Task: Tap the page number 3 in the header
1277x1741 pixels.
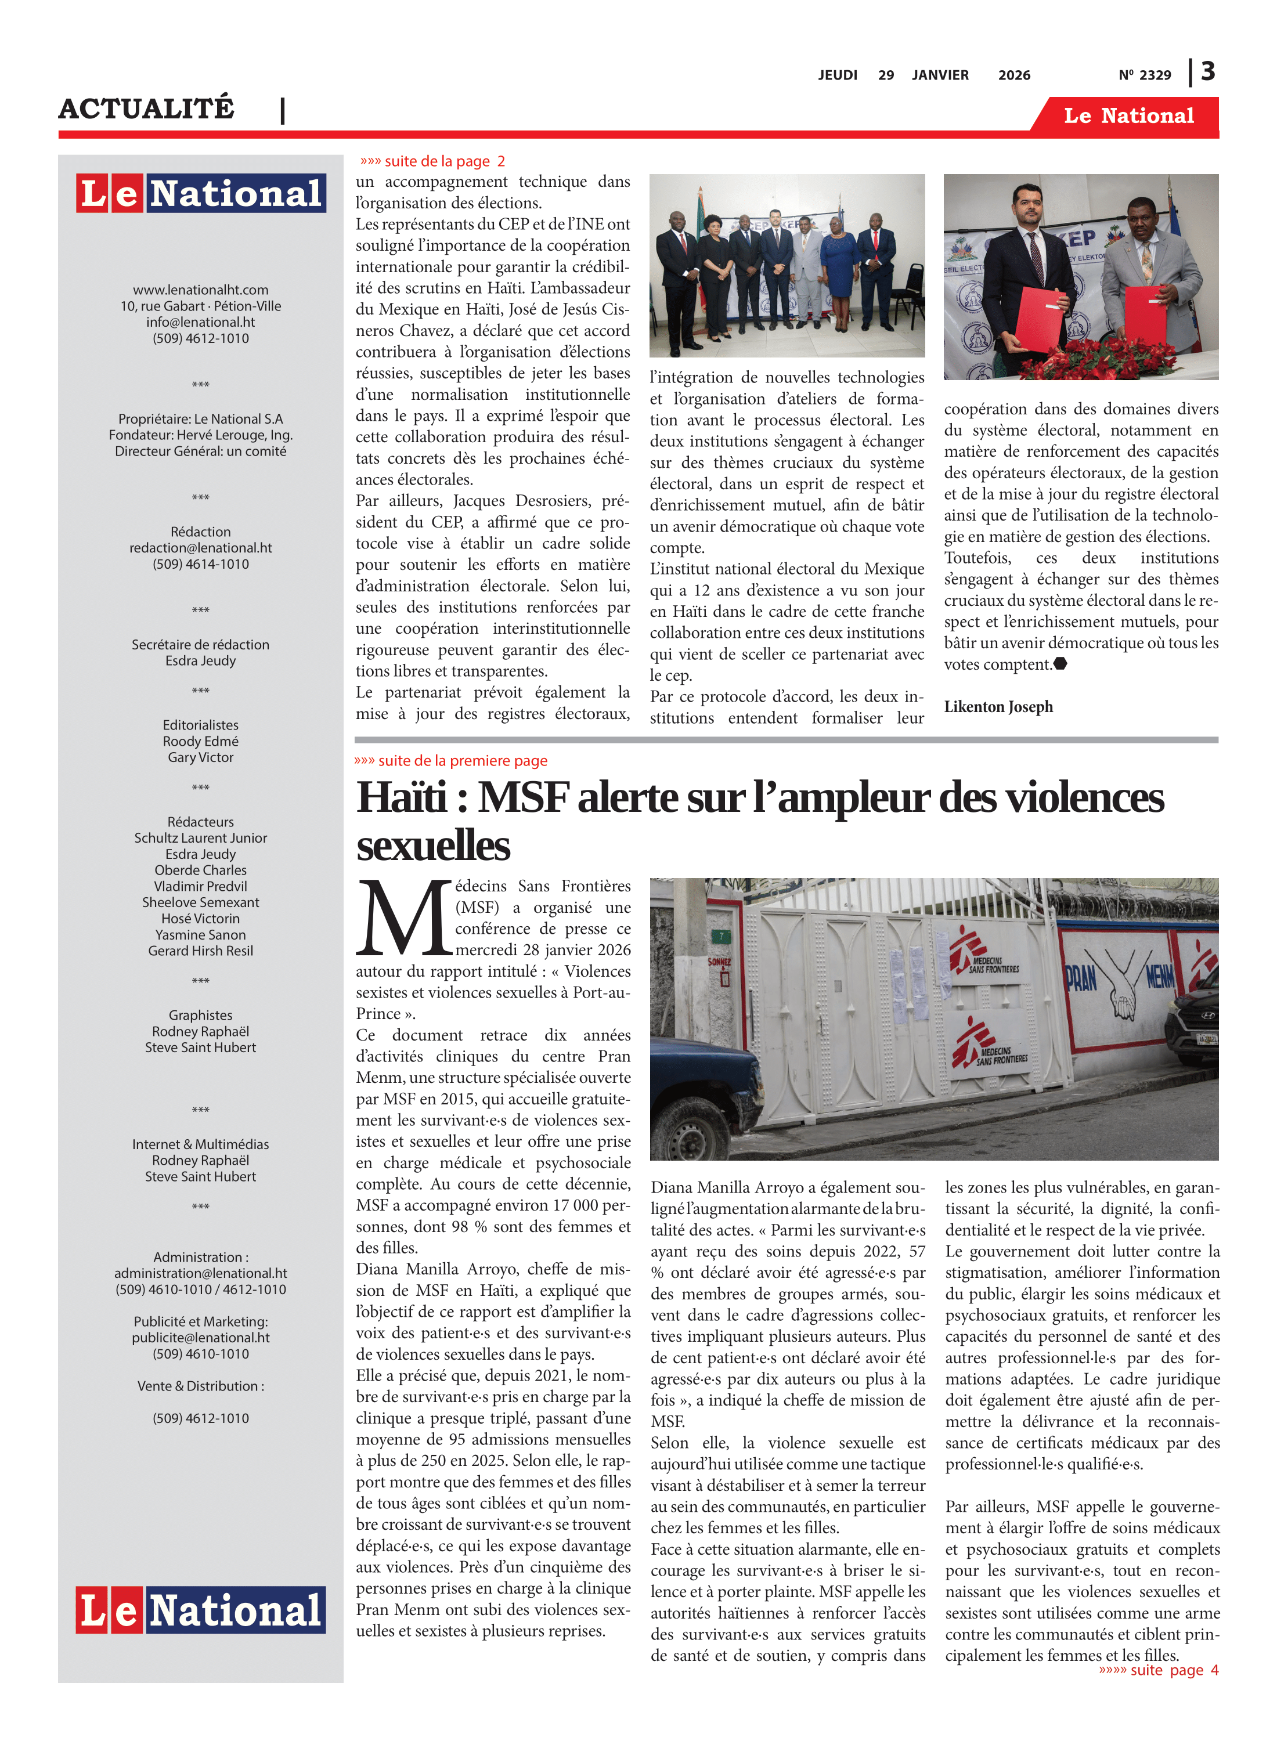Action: tap(1207, 72)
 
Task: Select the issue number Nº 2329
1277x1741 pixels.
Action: tap(1144, 75)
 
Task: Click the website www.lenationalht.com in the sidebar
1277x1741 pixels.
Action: tap(200, 290)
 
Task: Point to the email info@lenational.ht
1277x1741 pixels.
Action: tap(200, 322)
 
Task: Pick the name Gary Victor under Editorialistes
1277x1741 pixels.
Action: tap(200, 757)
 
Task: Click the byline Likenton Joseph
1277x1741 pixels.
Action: tap(998, 706)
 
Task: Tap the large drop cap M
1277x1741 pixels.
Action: tap(403, 918)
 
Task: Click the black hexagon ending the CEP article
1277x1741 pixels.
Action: tap(1060, 663)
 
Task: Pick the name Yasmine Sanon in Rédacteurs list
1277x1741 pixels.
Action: tap(200, 934)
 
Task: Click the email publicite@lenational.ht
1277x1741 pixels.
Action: tap(200, 1338)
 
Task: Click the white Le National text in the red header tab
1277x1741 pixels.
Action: tap(1128, 116)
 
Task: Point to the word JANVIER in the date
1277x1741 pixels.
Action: tap(940, 75)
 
